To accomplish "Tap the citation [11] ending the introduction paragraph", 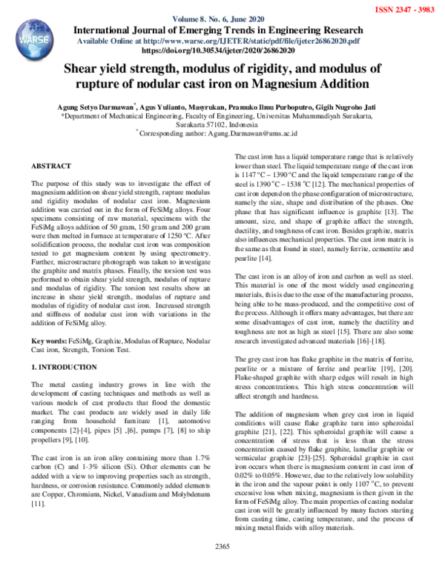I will [x=39, y=502].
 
